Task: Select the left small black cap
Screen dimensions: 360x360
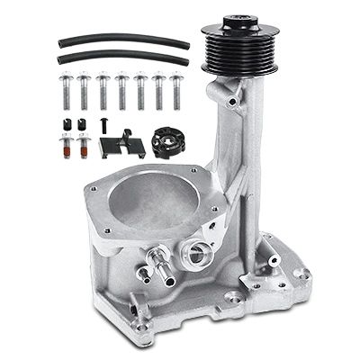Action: [65, 121]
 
